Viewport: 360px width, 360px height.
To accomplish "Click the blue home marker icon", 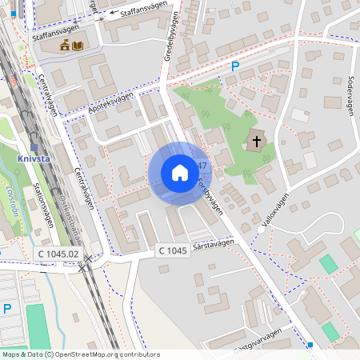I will click(x=179, y=173).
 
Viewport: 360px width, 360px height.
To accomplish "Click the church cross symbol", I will click(x=256, y=141).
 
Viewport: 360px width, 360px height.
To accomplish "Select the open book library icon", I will click(x=78, y=46).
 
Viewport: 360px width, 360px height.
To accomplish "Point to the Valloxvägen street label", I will click(x=274, y=211).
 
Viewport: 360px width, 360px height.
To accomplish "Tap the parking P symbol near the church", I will click(x=235, y=67).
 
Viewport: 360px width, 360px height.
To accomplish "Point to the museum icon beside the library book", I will click(x=64, y=46).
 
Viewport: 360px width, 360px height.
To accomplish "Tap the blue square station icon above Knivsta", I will click(x=34, y=146).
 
